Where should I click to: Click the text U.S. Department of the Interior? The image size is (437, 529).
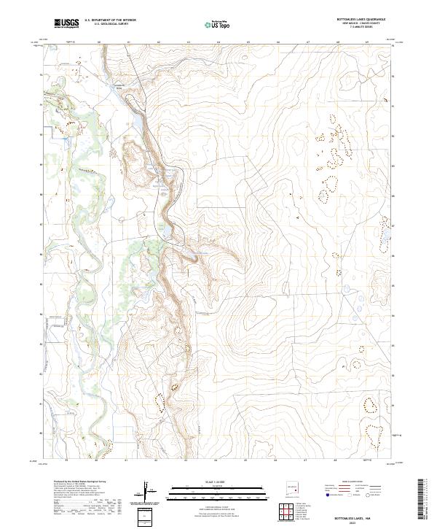(110, 20)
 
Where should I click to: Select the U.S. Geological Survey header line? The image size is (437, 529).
(110, 25)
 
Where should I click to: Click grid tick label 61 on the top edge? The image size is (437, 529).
(128, 42)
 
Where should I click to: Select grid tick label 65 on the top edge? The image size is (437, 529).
(248, 42)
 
